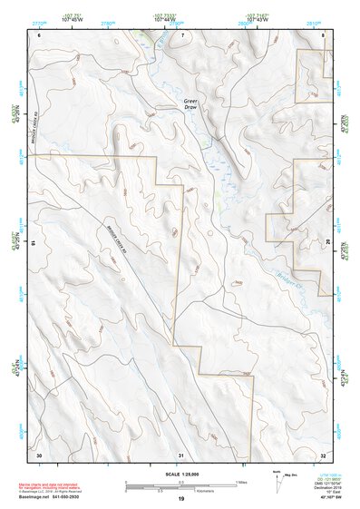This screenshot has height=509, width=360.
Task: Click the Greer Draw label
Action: [190, 103]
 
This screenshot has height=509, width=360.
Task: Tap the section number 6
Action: [40, 34]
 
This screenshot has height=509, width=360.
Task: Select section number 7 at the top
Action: [181, 34]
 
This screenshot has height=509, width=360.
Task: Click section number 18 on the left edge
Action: [34, 243]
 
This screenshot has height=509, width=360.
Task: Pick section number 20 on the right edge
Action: [327, 243]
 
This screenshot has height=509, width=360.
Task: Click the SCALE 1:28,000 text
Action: [180, 474]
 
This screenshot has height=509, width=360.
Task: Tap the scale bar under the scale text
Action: [180, 485]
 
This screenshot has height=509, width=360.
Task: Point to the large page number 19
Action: [180, 499]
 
